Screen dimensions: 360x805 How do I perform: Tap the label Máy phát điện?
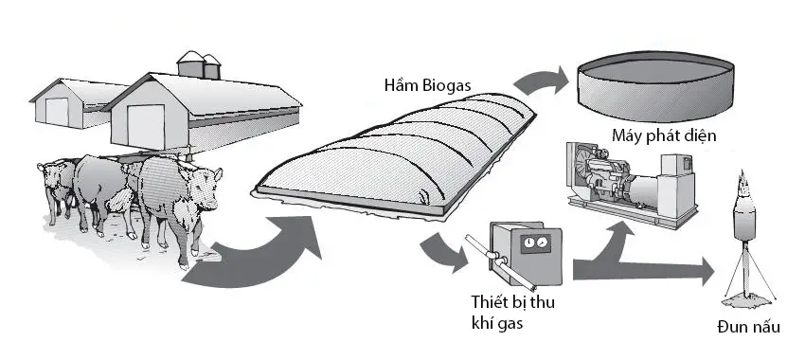663,135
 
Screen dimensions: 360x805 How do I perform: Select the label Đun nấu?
748,328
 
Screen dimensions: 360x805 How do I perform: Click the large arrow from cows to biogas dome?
256,251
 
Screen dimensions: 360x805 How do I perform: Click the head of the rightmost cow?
206,180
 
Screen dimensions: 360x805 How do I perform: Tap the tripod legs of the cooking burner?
742,279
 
